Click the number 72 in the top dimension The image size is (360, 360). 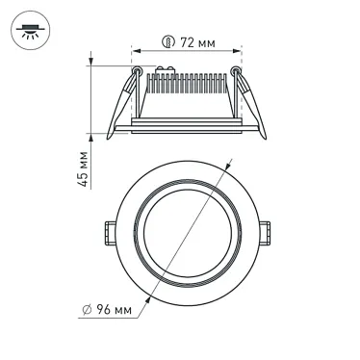(x=187, y=44)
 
